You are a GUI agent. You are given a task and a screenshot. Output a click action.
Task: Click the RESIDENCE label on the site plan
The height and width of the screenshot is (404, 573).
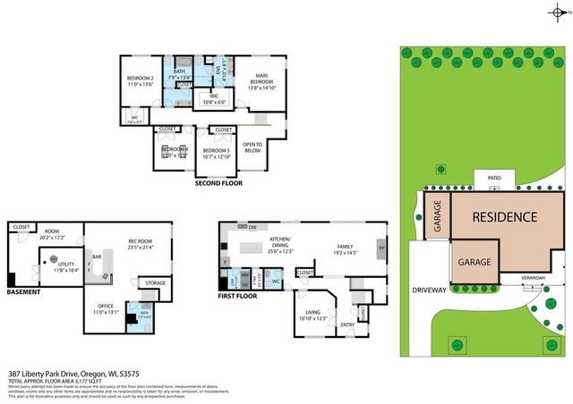coord(505,216)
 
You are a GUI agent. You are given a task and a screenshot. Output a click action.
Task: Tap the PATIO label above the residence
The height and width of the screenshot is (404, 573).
coord(493,178)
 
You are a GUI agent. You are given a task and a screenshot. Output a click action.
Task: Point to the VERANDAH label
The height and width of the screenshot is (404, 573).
coord(535,278)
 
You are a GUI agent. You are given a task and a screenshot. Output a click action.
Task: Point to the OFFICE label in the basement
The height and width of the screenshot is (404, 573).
coord(106,307)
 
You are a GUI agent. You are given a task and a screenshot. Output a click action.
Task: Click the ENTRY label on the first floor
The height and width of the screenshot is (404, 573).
coord(348,324)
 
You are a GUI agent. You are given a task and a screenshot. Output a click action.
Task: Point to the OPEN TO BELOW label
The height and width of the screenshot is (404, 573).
coord(252,146)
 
